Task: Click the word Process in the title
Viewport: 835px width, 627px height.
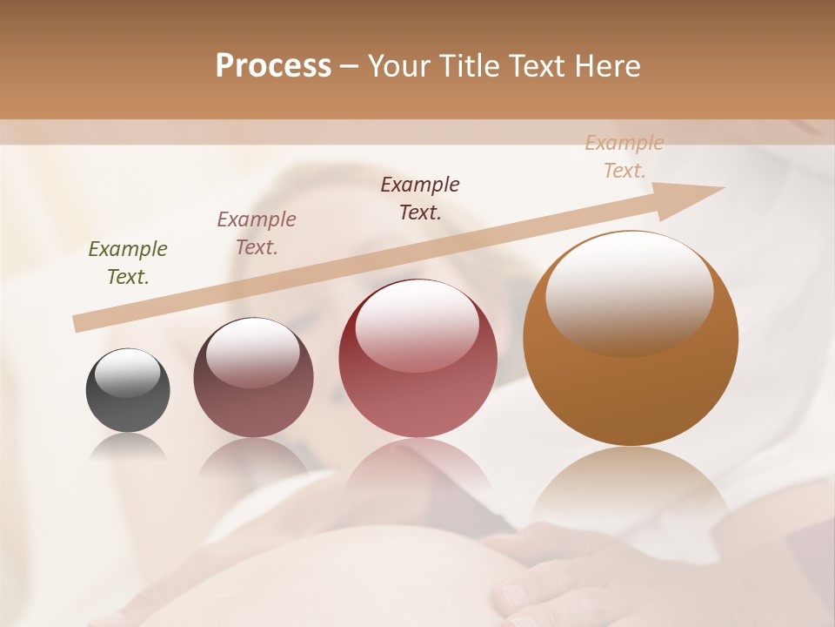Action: tap(273, 66)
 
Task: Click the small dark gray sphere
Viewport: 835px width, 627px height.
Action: tap(128, 390)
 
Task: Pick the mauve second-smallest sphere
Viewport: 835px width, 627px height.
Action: tap(253, 378)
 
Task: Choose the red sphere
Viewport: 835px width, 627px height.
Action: tap(417, 358)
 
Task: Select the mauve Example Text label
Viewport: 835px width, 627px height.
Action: tap(257, 233)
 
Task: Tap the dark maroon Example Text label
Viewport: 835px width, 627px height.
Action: tap(420, 198)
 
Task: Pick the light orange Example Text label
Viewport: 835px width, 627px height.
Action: tap(625, 157)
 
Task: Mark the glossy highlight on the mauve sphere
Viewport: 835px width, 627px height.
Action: tap(252, 351)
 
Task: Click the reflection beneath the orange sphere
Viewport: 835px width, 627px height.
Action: tap(631, 488)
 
